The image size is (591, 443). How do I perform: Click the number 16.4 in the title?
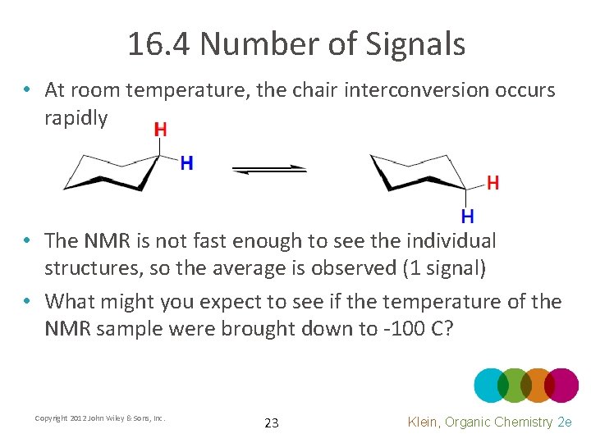(x=159, y=44)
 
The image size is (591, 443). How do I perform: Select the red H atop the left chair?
(x=160, y=130)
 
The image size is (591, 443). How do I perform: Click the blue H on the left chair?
(x=186, y=163)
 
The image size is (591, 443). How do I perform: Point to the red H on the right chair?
(x=492, y=183)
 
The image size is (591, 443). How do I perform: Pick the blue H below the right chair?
(x=467, y=217)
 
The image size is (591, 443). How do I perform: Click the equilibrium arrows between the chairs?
(x=268, y=169)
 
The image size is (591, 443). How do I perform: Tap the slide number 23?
(x=272, y=423)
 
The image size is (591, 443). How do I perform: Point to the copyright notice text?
(x=100, y=418)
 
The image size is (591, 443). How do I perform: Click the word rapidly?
(x=76, y=118)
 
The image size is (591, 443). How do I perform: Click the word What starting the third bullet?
(x=76, y=302)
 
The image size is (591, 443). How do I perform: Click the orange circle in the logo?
(x=538, y=385)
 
